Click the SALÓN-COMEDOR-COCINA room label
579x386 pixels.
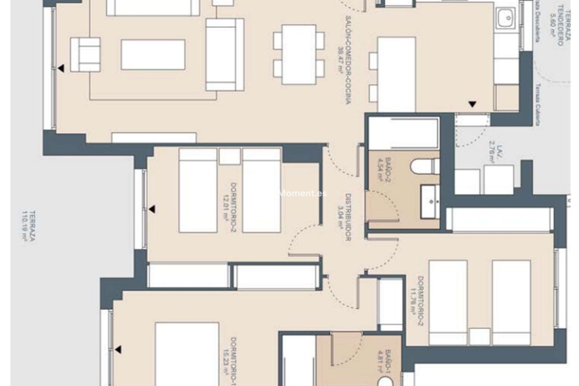(x=347, y=60)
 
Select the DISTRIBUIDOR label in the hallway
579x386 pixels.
(x=347, y=217)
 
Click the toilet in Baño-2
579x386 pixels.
(x=424, y=167)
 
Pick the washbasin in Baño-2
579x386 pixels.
(x=431, y=201)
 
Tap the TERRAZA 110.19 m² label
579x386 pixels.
(x=29, y=226)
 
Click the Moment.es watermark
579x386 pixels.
(x=303, y=194)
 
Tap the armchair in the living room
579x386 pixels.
(x=85, y=55)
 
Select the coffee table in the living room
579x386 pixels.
(x=153, y=55)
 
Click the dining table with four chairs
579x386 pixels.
(x=299, y=55)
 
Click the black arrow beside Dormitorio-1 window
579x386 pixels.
(x=118, y=350)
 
